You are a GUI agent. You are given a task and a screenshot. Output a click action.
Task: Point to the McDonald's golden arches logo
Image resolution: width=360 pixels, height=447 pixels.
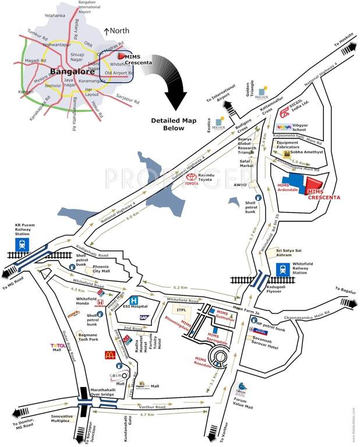tap(109, 354)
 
